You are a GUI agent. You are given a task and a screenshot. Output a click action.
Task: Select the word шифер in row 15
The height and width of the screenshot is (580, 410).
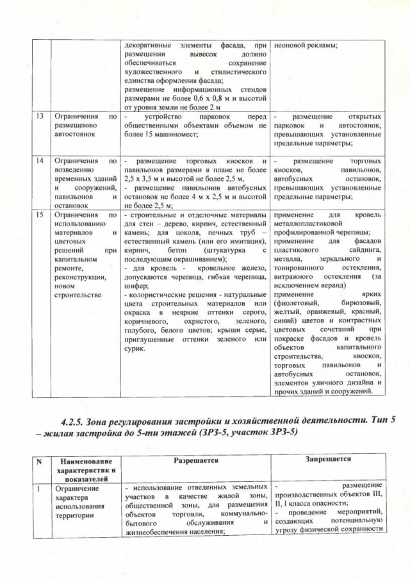coord(136,286)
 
